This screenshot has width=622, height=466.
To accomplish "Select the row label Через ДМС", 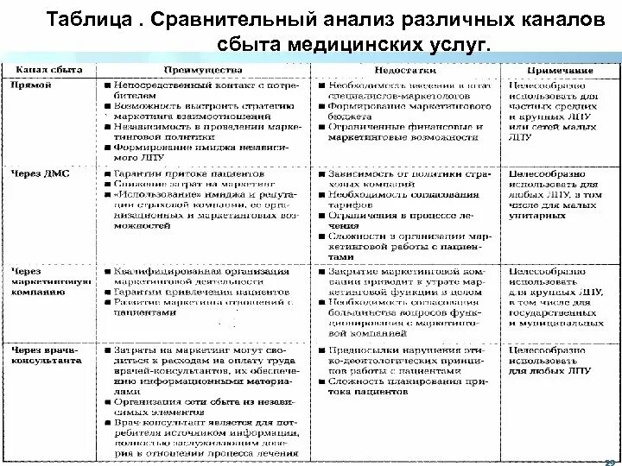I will click(41, 173).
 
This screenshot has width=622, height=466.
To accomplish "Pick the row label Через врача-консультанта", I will click(44, 355).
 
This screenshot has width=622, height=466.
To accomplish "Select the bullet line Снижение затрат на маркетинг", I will click(186, 185).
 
